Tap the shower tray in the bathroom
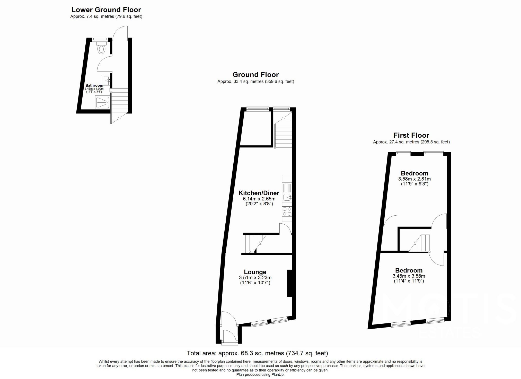pos(102,103)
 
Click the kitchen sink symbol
pos(287,197)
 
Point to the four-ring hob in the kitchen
pos(287,211)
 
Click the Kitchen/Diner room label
pos(259,193)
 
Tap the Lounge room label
pos(255,272)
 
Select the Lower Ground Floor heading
pos(106,10)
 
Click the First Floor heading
pos(411,135)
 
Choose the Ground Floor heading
pos(255,75)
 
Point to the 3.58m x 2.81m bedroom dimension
pos(414,179)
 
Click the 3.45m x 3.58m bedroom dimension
pos(409,276)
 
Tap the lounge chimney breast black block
pos(289,283)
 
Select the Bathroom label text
pos(94,85)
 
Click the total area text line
pos(257,353)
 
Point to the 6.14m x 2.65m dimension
pos(259,199)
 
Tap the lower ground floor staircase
pos(119,106)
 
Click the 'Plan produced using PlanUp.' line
pos(260,375)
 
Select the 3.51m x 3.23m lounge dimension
pos(255,278)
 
